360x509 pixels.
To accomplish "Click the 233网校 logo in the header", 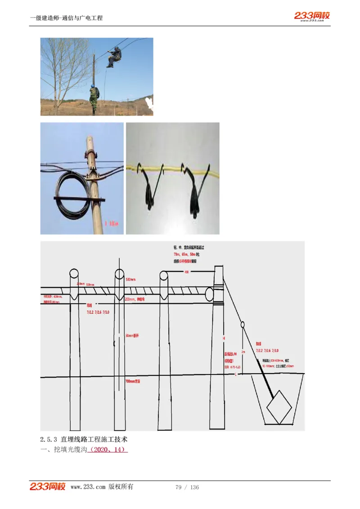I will point(312,16).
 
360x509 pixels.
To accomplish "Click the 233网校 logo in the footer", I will point(48,487).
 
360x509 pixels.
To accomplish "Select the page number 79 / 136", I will point(187,487).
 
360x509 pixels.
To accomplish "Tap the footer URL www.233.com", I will point(88,487).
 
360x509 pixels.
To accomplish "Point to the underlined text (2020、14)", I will point(108,450).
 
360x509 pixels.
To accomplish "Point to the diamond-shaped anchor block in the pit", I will point(279,407).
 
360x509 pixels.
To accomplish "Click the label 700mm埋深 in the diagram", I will point(133,381).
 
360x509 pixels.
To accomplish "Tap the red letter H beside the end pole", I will point(223,337).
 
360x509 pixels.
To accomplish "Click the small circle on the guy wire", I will point(243,324).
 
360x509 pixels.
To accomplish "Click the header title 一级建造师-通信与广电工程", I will point(66,18).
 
